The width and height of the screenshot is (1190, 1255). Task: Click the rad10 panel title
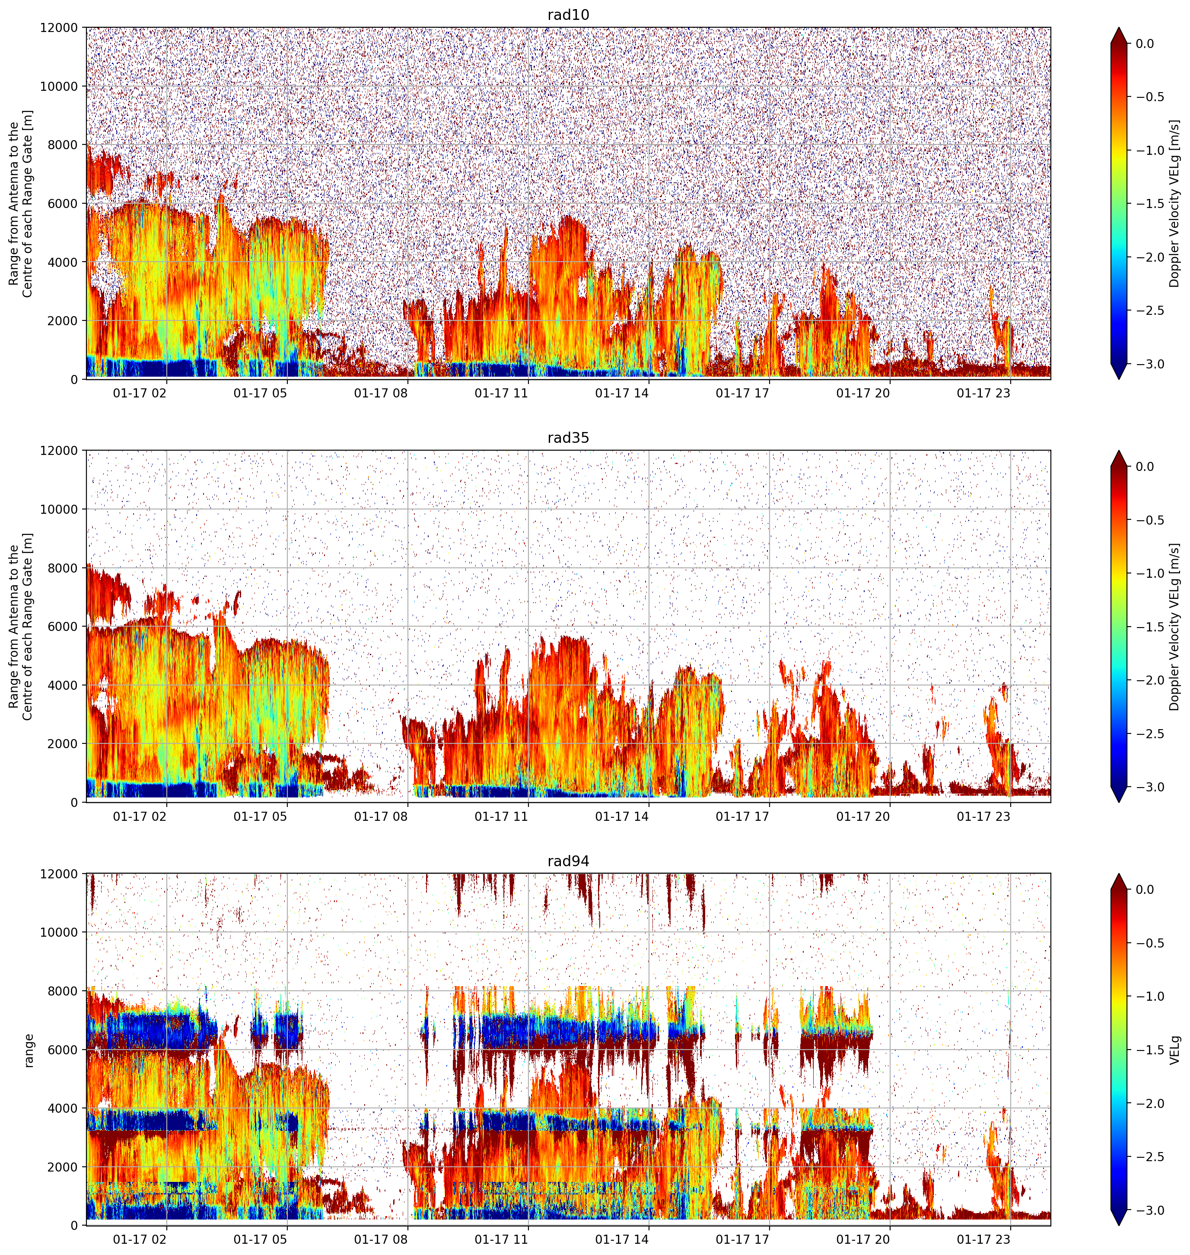[568, 15]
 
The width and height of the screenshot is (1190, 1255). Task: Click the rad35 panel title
[568, 438]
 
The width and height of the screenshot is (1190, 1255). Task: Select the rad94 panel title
[568, 861]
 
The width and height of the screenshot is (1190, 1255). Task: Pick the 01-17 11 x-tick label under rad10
[501, 393]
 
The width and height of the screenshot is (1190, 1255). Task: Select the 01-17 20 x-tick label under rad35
[863, 816]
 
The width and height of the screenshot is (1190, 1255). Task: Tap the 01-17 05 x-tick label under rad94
[260, 1240]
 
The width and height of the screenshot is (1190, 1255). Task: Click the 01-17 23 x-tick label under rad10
[983, 393]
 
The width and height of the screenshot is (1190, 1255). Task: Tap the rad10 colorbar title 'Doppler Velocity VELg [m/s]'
[1175, 203]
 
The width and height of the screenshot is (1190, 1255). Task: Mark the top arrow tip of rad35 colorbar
[1119, 451]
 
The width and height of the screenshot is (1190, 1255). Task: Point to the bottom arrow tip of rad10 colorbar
[1119, 379]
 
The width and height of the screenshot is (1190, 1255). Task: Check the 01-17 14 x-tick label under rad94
[622, 1240]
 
